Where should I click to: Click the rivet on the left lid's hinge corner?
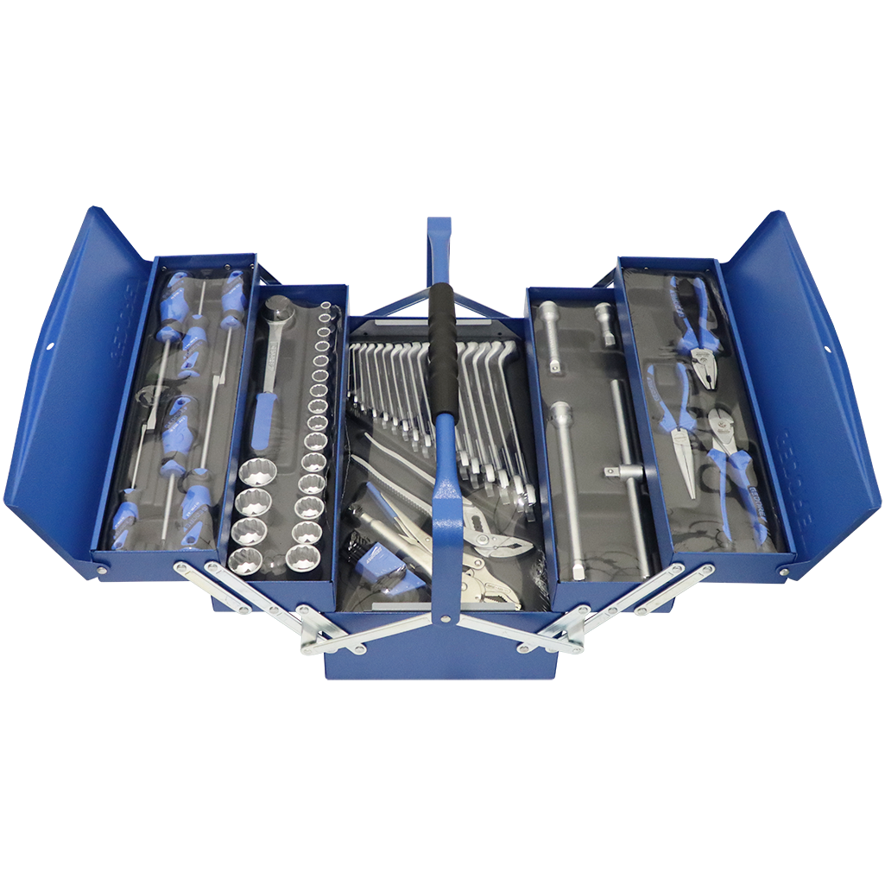102,570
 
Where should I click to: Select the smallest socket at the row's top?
325,306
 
